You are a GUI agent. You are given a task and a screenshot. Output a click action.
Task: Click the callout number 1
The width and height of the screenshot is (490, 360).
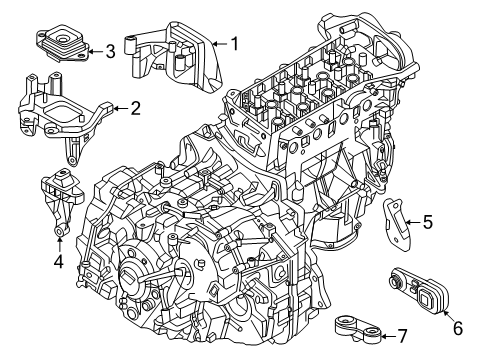pos(234,43)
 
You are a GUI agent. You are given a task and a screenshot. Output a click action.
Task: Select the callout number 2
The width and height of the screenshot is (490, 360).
pos(134,108)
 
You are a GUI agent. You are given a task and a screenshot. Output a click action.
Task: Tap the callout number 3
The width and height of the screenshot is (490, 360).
pos(110,50)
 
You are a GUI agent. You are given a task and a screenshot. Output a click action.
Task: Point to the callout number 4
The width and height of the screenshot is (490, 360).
pos(58,264)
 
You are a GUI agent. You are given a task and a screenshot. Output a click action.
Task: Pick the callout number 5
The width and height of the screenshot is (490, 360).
pos(427,222)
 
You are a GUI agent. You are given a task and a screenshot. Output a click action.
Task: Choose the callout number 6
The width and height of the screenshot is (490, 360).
pos(459,326)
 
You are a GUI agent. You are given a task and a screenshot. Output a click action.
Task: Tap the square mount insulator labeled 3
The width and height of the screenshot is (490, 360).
pos(62,45)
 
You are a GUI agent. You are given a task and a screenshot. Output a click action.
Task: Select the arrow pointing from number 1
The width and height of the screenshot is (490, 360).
pos(220,43)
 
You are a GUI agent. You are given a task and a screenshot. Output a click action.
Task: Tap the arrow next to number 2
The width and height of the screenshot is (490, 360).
pos(119,108)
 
